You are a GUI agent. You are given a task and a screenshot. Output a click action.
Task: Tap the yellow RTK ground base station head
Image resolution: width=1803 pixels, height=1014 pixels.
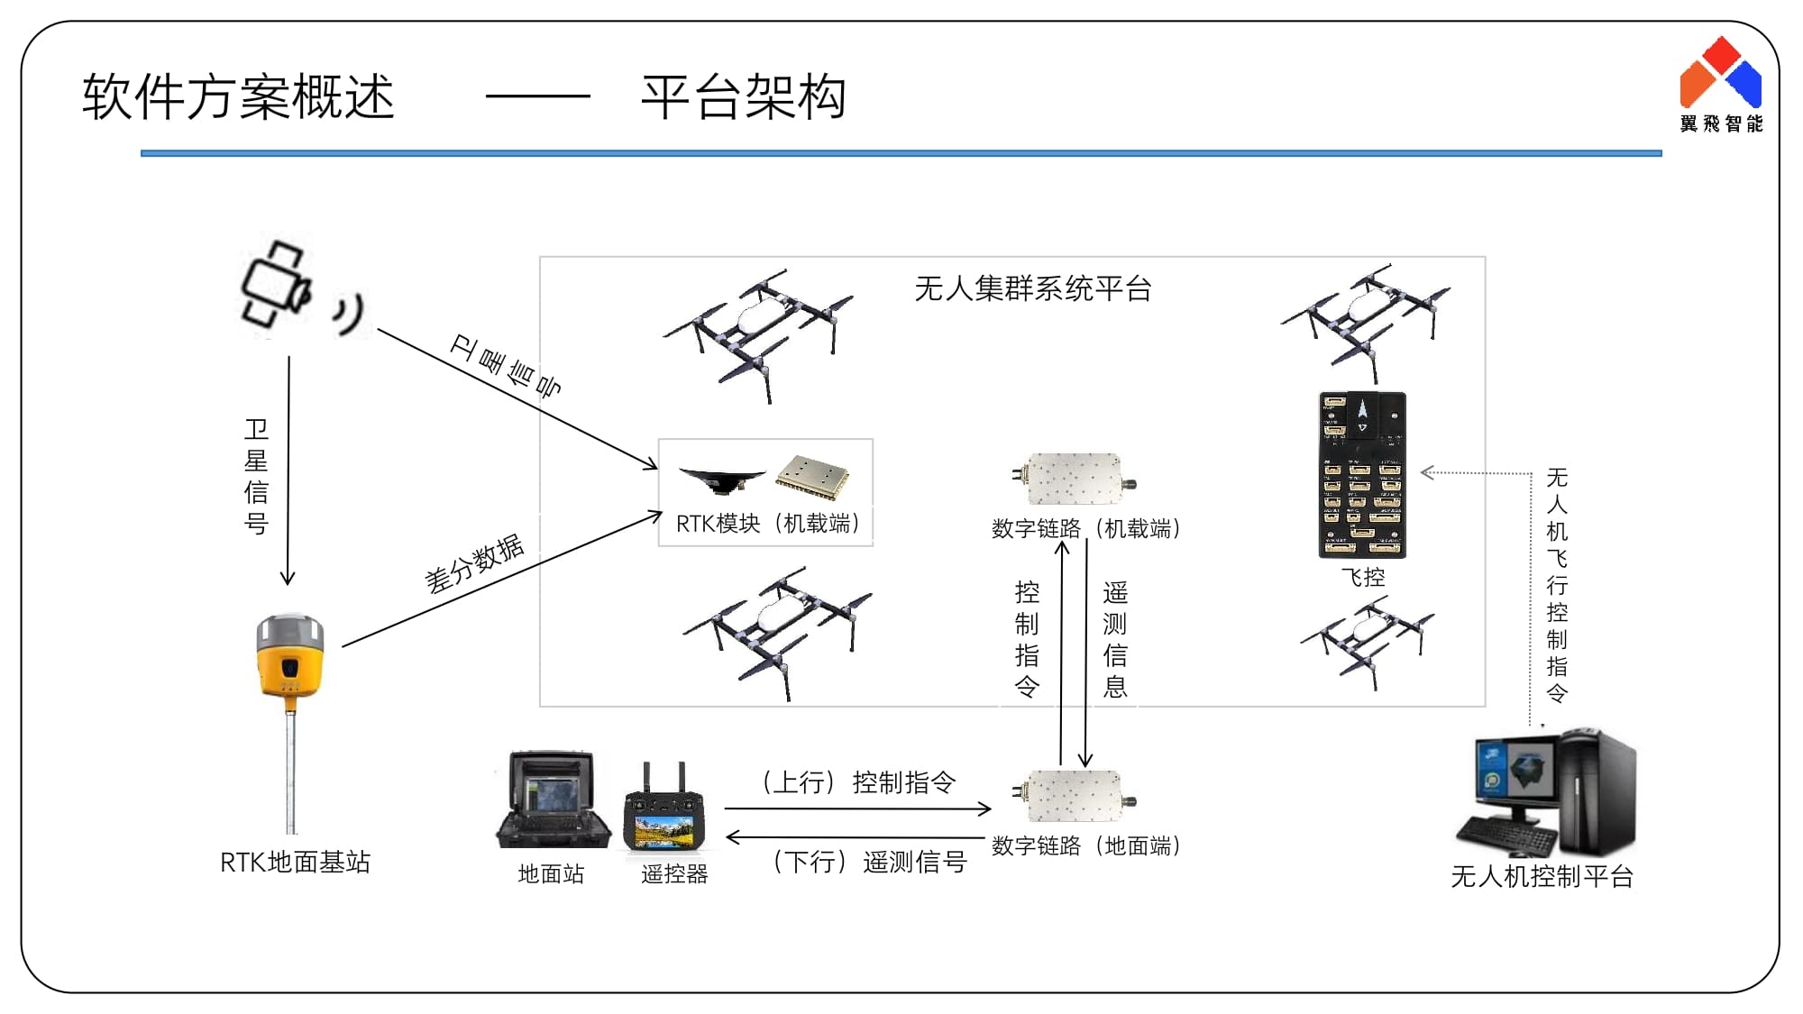click(289, 656)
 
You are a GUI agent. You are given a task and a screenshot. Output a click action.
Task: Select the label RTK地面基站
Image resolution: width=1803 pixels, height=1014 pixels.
click(295, 863)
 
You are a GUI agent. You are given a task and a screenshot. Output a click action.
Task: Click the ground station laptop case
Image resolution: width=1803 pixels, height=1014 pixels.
click(552, 799)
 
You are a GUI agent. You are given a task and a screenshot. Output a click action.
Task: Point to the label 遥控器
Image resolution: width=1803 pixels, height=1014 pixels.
click(674, 873)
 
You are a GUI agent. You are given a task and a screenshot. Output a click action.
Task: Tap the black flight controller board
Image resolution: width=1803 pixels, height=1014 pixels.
click(1362, 474)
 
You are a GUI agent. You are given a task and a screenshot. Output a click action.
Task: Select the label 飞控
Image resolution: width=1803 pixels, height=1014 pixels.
click(1362, 577)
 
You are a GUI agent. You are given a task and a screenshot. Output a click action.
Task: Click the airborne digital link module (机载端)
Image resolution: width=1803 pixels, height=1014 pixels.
click(1074, 479)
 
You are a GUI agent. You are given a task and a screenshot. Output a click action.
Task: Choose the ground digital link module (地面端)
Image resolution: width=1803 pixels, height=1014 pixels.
click(1074, 796)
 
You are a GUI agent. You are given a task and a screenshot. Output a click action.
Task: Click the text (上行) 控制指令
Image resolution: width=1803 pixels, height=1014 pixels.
click(857, 782)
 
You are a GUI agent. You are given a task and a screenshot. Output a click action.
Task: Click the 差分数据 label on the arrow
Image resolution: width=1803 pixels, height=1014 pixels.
click(474, 563)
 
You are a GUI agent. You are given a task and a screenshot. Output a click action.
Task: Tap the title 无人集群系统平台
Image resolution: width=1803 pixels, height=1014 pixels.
click(1033, 288)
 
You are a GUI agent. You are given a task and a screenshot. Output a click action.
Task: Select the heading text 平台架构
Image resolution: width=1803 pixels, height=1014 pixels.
click(744, 97)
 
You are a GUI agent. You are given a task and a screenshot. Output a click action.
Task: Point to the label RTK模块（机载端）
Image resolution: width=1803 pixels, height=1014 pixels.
click(768, 524)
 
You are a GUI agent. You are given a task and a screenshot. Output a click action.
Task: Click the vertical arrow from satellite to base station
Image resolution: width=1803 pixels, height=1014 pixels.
click(288, 469)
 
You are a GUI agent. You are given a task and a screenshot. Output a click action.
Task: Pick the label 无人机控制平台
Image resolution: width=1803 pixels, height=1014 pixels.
click(1542, 876)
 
